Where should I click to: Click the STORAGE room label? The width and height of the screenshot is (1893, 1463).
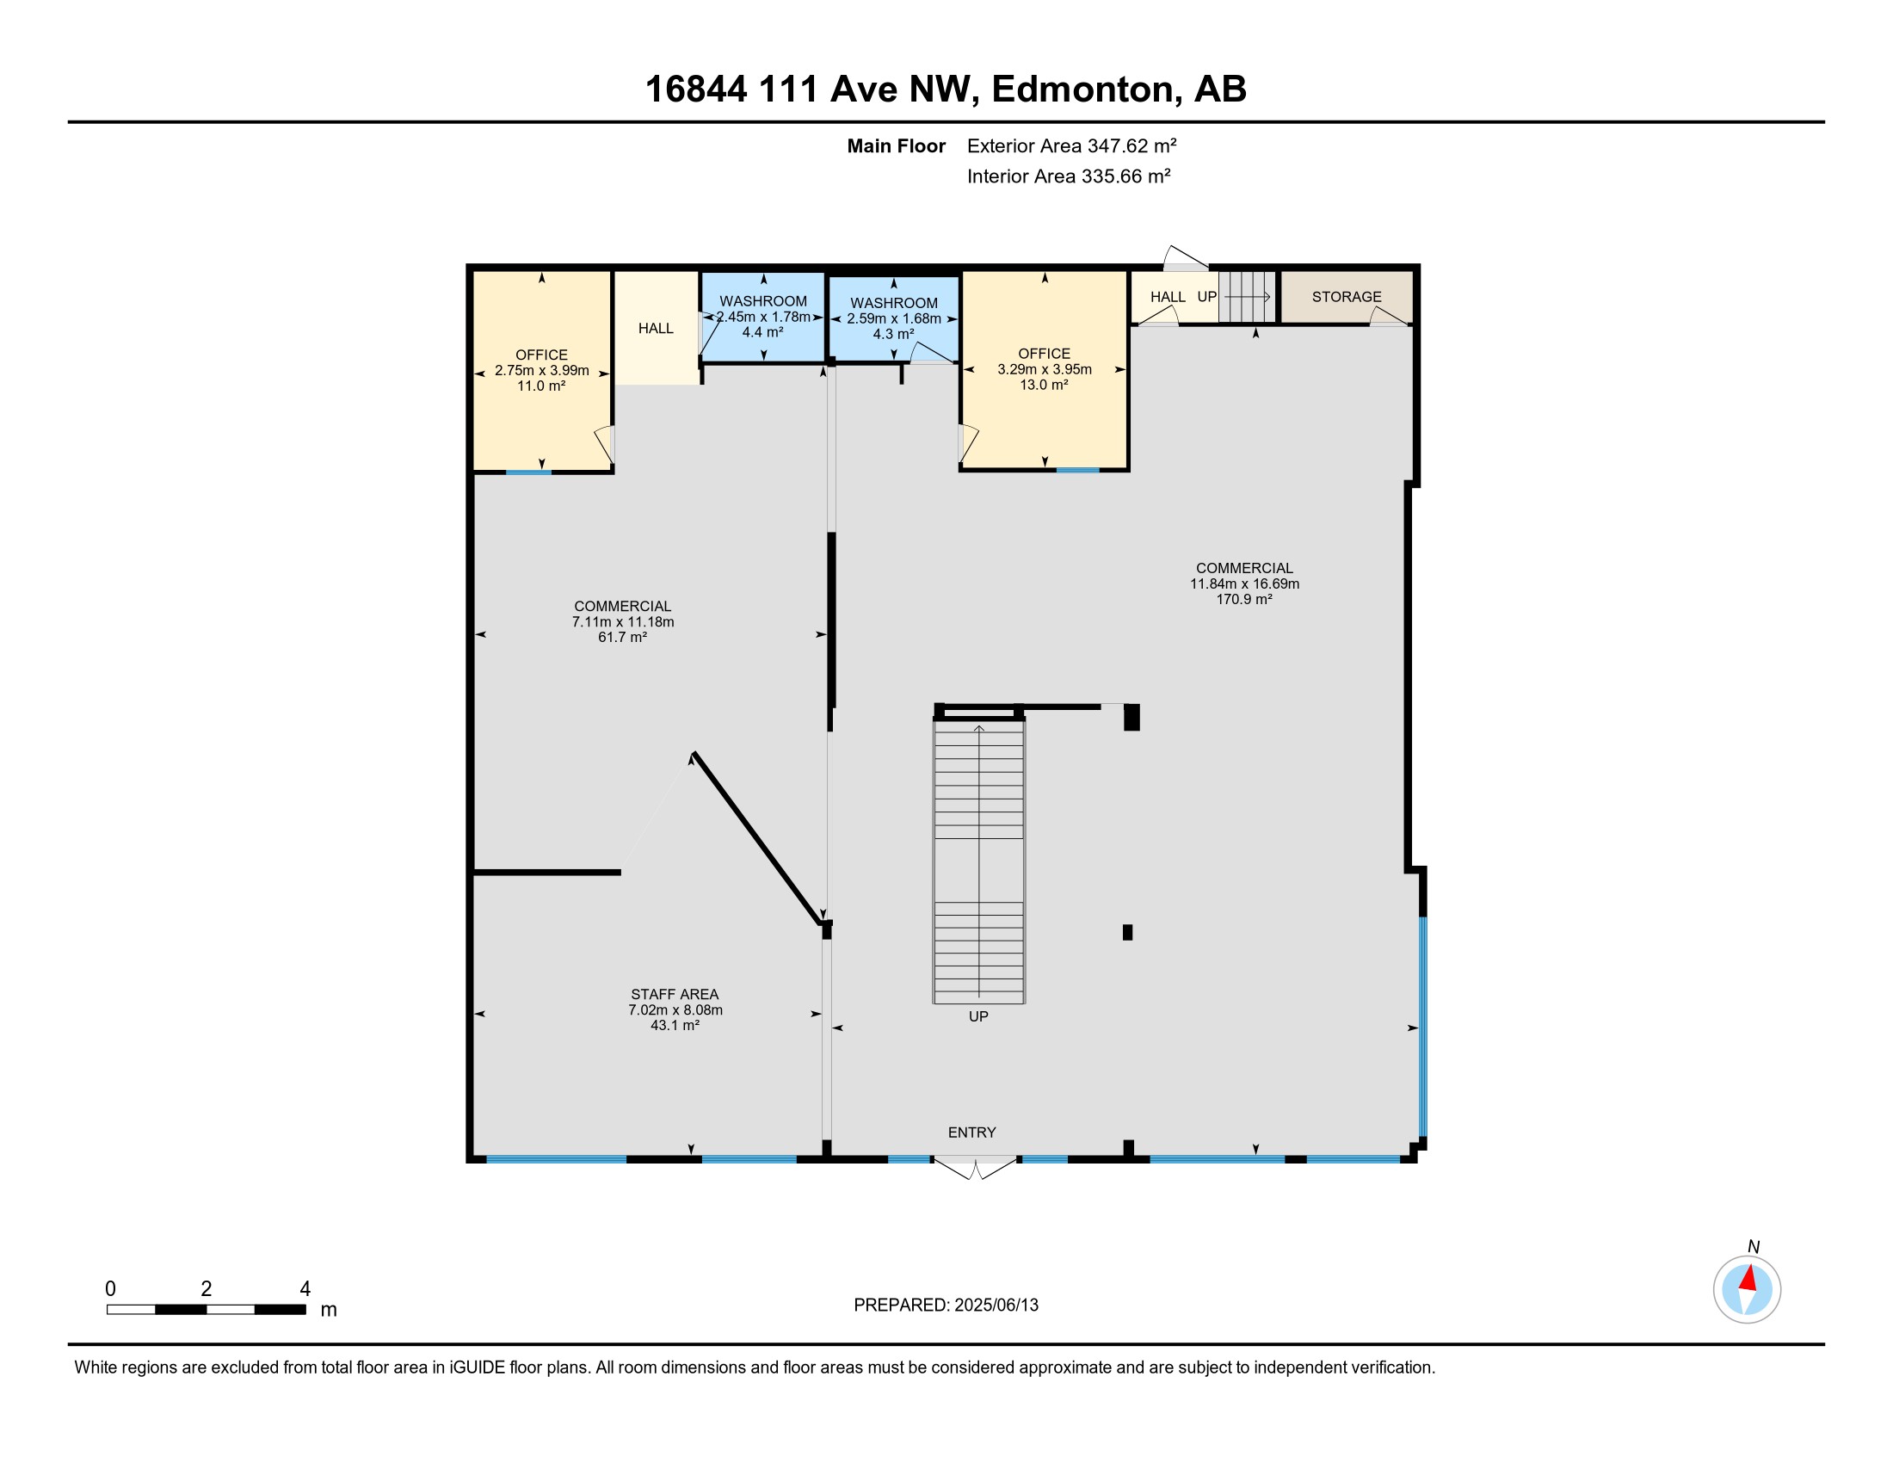[x=1346, y=296]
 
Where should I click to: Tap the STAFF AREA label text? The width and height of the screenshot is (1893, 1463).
[x=675, y=994]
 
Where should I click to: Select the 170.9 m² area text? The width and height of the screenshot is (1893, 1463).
[x=1244, y=599]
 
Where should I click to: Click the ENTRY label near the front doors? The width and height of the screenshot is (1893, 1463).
[x=971, y=1132]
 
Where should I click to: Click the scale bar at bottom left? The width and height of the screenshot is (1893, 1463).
[x=207, y=1309]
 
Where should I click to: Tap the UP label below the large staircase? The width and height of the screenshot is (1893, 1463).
[x=977, y=1015]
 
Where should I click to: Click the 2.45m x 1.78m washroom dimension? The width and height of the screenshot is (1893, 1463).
[x=762, y=318]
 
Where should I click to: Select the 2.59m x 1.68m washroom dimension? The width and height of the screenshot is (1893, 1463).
[x=894, y=319]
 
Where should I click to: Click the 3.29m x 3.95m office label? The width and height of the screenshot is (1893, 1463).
[x=1044, y=369]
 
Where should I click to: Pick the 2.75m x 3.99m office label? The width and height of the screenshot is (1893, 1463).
[x=542, y=370]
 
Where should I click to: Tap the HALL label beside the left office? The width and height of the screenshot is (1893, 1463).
[x=656, y=328]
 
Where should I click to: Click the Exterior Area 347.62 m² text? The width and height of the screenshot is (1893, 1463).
[x=1071, y=145]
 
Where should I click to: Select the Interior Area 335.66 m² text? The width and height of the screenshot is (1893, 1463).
[x=1068, y=176]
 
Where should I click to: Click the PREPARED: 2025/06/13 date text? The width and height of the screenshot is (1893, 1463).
[x=946, y=1305]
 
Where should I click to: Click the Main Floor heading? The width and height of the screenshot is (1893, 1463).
[x=896, y=145]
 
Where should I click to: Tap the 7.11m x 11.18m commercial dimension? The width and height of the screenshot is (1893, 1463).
[x=622, y=621]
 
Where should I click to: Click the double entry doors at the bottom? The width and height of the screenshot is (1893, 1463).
[x=974, y=1167]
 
